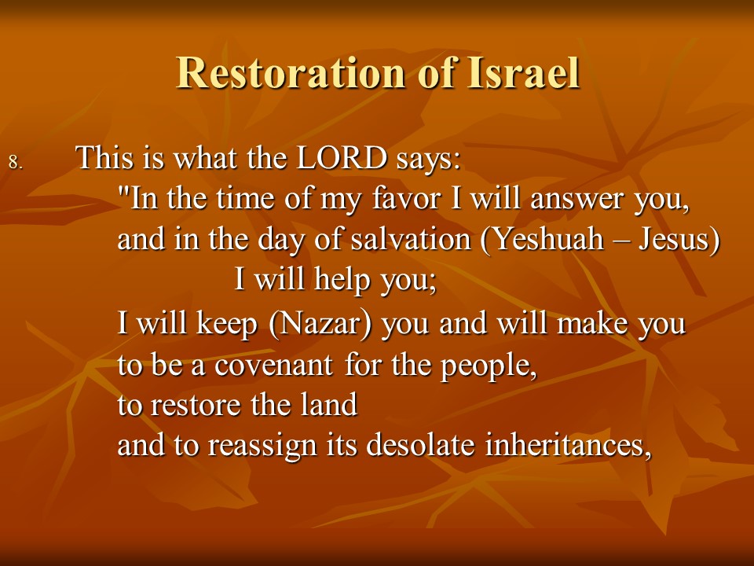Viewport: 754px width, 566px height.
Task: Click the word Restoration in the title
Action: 291,72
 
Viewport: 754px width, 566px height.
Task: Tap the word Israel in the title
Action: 523,72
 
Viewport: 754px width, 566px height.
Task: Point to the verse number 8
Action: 16,163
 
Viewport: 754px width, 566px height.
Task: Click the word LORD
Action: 342,157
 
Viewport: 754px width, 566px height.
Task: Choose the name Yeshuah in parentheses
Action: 543,239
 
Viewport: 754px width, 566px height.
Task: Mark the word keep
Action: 226,323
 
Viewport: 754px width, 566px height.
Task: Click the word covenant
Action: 273,366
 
